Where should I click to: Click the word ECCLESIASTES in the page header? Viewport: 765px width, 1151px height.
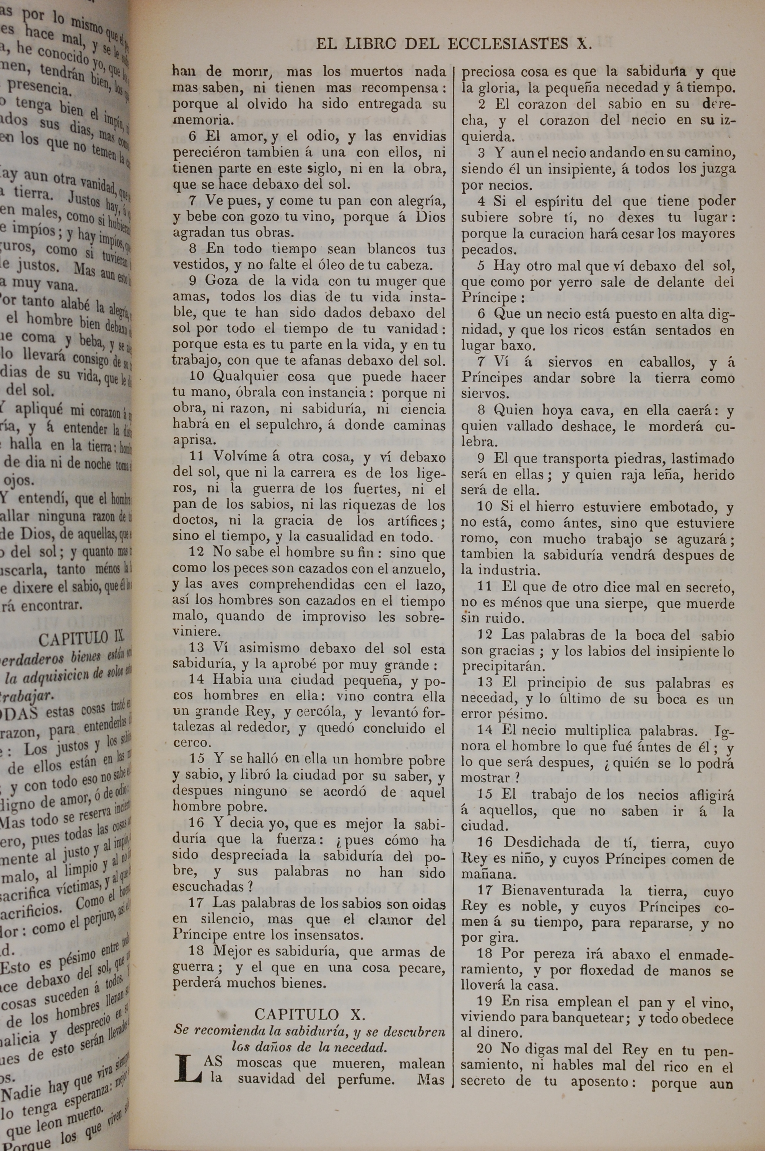click(x=508, y=44)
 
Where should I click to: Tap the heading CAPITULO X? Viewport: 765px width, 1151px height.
click(x=309, y=1014)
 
